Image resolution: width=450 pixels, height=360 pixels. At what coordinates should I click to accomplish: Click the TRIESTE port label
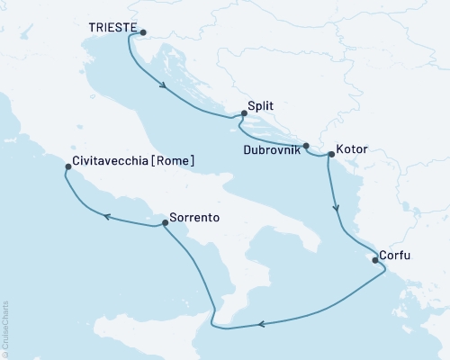click(x=112, y=29)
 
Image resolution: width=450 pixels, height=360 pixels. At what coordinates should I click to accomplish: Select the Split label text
click(x=261, y=106)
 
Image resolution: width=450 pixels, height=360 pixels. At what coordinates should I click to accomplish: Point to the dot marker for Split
click(x=243, y=113)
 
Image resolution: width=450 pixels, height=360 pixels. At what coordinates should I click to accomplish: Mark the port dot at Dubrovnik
click(x=306, y=146)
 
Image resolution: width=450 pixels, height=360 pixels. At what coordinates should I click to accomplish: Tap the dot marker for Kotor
click(x=331, y=155)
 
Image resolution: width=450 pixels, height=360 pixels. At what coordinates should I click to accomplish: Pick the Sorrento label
click(x=194, y=217)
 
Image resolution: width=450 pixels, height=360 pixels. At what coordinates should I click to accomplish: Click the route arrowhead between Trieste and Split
click(x=165, y=86)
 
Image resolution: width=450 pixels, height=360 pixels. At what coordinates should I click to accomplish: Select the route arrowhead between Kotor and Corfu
click(x=337, y=209)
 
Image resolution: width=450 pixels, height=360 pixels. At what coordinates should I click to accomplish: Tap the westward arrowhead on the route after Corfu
click(x=260, y=325)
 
